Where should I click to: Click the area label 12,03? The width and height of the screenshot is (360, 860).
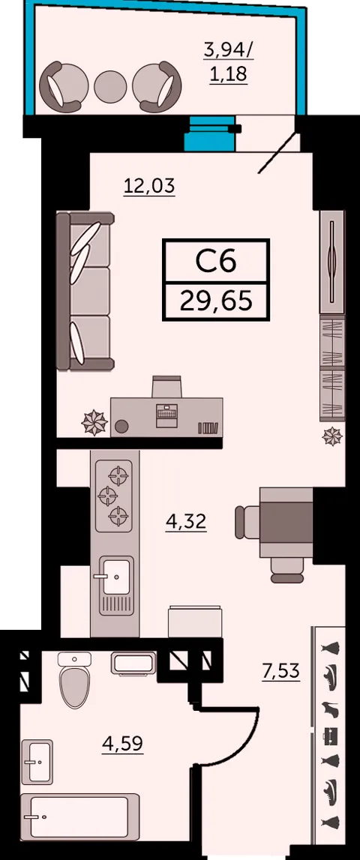[x=149, y=187]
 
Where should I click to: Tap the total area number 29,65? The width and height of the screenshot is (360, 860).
[x=216, y=301]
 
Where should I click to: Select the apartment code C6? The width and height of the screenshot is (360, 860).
[x=216, y=261]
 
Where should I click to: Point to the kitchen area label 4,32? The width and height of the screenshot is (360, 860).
[x=186, y=521]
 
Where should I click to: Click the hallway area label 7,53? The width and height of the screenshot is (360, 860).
[x=281, y=671]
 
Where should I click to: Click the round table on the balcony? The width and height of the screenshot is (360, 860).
[x=110, y=86]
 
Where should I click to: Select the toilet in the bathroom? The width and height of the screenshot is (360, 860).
[x=75, y=679]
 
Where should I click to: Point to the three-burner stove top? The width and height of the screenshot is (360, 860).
[x=114, y=496]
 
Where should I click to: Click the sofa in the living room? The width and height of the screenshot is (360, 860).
[x=85, y=291]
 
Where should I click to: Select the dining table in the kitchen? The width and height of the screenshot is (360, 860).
[x=286, y=522]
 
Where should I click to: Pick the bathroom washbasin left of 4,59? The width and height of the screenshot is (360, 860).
[x=37, y=761]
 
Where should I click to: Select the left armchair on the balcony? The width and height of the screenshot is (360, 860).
[x=63, y=85]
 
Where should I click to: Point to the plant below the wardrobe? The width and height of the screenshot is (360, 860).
[x=332, y=436]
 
